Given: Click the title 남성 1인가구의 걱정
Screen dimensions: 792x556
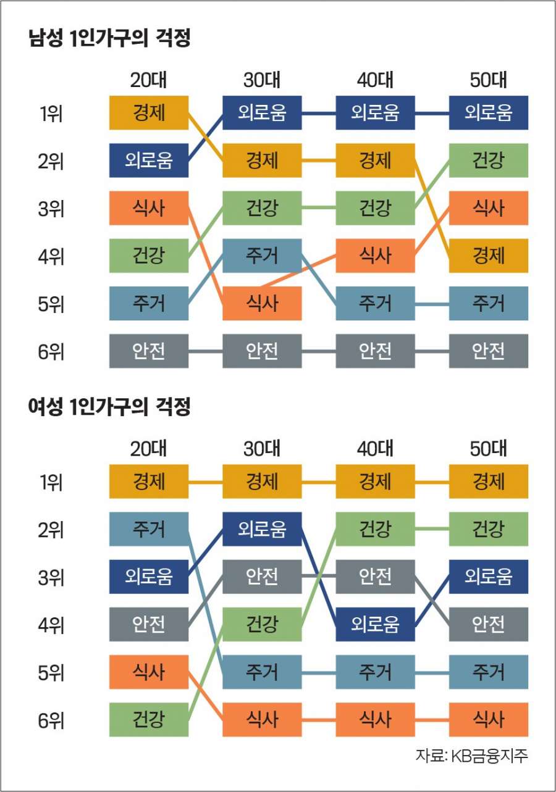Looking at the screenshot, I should click(x=109, y=40).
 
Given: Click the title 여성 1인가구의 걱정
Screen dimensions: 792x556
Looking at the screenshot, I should click(x=109, y=408).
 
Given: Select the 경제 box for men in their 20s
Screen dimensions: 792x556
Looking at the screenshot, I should click(x=149, y=113).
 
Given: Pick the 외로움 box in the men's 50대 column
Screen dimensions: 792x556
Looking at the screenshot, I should click(x=488, y=113).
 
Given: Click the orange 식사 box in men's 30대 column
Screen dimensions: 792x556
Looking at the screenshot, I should click(x=262, y=303).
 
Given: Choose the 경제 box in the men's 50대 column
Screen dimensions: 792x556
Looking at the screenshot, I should click(x=488, y=256).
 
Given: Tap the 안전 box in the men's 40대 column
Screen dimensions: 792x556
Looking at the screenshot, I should click(x=375, y=351).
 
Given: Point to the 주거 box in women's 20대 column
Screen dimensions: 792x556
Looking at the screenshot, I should click(x=149, y=529).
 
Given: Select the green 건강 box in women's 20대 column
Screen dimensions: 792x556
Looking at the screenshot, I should click(x=149, y=719).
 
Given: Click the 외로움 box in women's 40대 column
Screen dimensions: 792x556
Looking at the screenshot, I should click(x=375, y=624).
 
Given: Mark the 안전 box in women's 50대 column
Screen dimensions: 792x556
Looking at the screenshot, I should click(x=488, y=624).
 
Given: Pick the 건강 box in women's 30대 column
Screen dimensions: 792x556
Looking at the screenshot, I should click(x=262, y=624).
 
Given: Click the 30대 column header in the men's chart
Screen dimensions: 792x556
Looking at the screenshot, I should click(x=262, y=80).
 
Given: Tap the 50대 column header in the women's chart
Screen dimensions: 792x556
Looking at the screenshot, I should click(x=488, y=449).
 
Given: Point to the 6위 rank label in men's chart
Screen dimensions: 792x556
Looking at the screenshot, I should click(x=51, y=351).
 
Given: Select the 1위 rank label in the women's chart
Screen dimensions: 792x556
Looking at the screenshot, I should click(x=51, y=482).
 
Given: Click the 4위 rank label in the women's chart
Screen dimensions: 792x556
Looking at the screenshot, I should click(x=51, y=625).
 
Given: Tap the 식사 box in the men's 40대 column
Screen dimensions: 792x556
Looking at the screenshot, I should click(x=375, y=256).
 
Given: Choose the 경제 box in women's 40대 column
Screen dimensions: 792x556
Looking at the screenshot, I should click(x=375, y=481).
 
